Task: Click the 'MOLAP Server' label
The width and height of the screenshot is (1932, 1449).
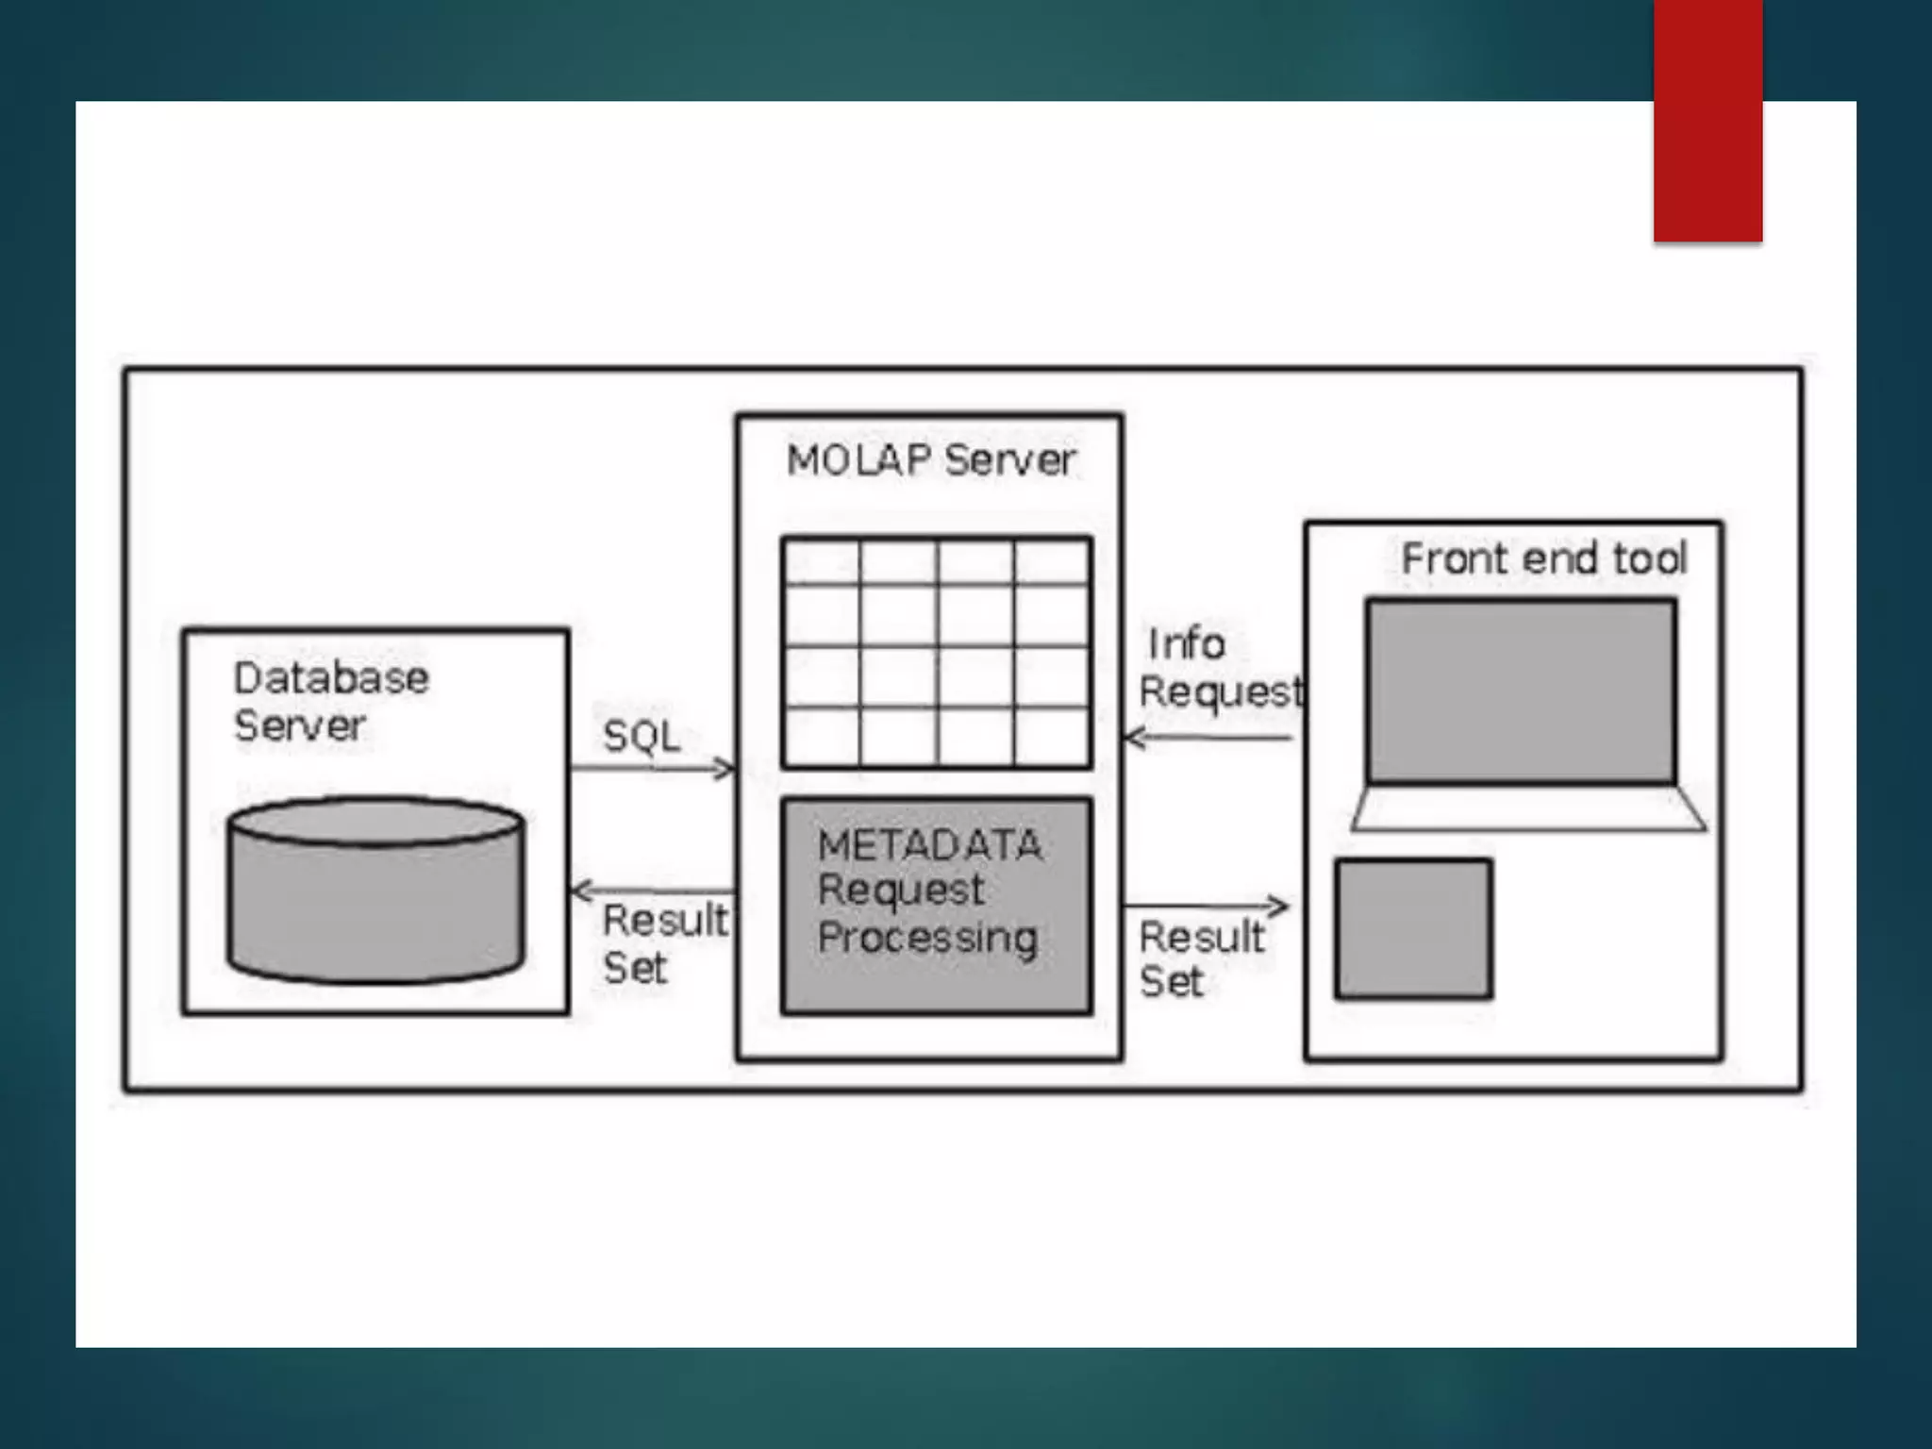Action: coord(930,460)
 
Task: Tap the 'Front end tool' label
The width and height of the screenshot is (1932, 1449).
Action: coord(1543,558)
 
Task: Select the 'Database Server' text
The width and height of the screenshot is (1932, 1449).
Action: coord(330,701)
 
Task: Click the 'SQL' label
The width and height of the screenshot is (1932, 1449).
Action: coord(641,736)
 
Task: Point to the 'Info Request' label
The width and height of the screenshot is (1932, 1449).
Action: coord(1219,668)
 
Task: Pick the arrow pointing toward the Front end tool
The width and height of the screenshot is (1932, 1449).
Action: coord(1206,907)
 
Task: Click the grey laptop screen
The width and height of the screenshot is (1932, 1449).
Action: coord(1521,691)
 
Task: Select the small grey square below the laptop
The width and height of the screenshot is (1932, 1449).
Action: coord(1412,928)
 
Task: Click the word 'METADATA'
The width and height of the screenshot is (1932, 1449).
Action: coord(930,845)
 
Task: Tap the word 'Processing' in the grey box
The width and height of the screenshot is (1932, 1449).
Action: coord(928,937)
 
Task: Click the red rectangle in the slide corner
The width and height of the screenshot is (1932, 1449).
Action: coord(1707,120)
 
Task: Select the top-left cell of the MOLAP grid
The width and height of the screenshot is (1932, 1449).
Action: coord(822,562)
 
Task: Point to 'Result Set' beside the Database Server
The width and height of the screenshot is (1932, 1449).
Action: coord(664,943)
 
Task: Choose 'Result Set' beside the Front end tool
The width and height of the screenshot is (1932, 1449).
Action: coord(1200,958)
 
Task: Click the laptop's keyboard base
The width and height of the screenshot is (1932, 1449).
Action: coord(1528,809)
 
